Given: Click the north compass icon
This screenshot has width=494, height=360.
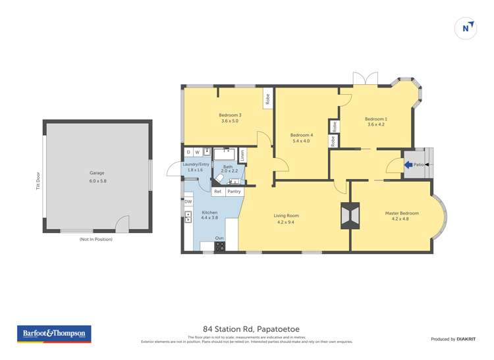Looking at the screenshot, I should tap(466, 28).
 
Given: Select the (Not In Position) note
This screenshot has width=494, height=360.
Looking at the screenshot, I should tap(96, 239).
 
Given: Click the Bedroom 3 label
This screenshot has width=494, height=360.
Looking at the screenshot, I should tap(230, 118).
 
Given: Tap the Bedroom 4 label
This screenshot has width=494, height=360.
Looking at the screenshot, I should tap(301, 138).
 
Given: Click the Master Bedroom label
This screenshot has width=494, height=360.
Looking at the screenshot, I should tap(401, 216).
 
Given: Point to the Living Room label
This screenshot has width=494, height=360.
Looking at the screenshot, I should tap(287, 218).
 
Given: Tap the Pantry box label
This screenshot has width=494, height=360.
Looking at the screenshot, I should tap(234, 192).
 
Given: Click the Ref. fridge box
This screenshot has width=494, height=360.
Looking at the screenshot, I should tap(217, 192).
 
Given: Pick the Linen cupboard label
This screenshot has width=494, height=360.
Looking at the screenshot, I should tap(242, 155).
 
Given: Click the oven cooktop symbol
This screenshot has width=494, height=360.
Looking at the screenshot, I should tap(219, 247).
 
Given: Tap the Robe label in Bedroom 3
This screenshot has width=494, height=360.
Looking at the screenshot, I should tap(267, 99).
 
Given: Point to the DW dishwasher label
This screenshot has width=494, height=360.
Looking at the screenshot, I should tap(188, 201).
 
